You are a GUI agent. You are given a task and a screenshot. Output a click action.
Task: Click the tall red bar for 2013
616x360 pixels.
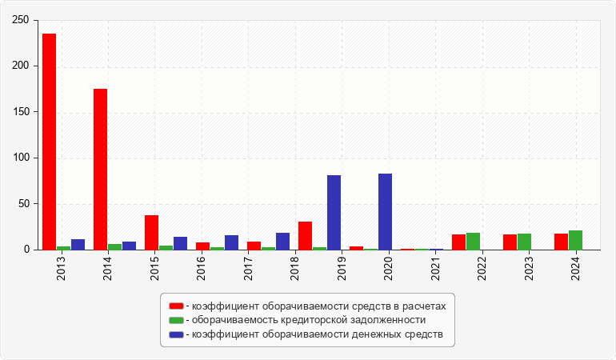coord(49,142)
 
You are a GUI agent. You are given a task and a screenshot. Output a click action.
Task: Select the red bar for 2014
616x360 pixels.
coord(100,169)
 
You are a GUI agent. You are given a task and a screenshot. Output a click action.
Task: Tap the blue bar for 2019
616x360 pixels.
coord(334,212)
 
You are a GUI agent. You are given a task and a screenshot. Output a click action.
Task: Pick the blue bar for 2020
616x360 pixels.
coord(385,211)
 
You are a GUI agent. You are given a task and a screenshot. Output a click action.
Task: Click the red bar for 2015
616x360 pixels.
coord(151,232)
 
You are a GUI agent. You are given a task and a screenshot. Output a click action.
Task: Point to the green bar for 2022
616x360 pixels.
coord(473,241)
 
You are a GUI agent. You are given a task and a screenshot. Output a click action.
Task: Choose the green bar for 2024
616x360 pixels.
coord(575,240)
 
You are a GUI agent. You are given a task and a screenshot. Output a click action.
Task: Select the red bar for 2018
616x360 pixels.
coord(305,235)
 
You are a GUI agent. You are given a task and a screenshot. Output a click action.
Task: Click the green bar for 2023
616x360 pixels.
coord(524,242)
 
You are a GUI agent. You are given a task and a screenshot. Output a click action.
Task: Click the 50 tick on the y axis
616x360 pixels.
coord(24,204)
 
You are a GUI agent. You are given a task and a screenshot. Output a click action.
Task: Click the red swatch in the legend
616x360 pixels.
coord(176,306)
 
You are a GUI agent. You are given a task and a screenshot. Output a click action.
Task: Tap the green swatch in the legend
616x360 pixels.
coord(176,320)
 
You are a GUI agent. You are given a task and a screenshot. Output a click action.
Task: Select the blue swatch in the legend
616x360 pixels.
coord(176,334)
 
